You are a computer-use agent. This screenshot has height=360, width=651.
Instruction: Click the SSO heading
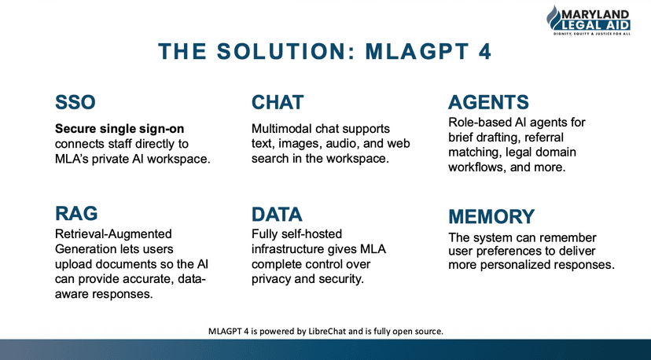point(75,102)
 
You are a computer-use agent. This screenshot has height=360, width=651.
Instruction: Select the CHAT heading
point(278,102)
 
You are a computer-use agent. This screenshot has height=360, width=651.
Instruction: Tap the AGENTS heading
point(487,102)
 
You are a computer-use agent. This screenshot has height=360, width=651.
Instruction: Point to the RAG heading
point(76,213)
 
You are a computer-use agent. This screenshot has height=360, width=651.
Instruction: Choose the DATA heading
point(278,214)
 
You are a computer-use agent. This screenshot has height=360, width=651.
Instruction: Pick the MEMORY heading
point(491,216)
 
